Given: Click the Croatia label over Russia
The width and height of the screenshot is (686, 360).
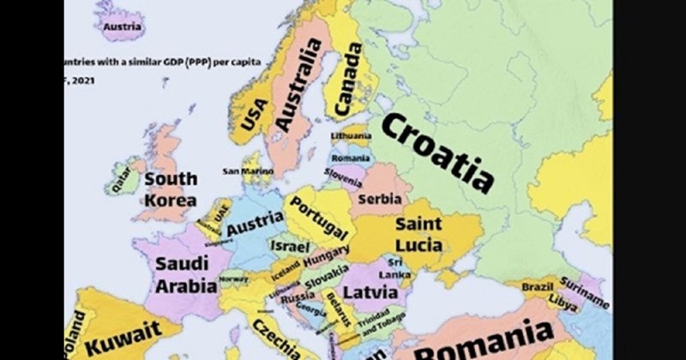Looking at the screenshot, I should coord(436,153).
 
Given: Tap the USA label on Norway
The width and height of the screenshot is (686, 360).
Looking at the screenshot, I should coord(255,115).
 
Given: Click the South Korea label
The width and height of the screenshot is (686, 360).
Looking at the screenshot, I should coord(170,189).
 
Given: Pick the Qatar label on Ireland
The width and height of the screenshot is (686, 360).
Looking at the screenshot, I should coord(122,177).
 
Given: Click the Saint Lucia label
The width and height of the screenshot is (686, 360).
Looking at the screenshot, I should coord(418,235).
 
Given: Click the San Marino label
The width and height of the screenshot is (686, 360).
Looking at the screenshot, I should coord(247,172).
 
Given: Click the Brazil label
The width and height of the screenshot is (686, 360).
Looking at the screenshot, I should coord(538,285).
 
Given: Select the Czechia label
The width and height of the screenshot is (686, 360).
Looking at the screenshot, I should coord(275,341).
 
